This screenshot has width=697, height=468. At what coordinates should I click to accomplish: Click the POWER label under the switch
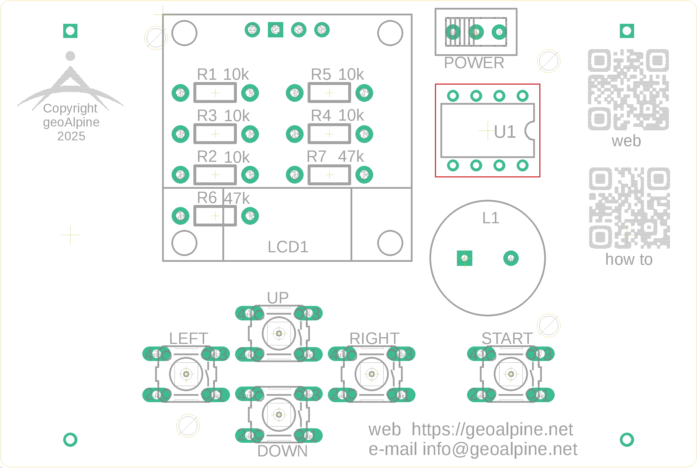point(474,63)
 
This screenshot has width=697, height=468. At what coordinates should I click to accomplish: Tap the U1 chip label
point(505,132)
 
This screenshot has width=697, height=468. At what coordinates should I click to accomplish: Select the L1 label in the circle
point(491,218)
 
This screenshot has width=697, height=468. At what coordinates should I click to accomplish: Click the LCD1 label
point(288,247)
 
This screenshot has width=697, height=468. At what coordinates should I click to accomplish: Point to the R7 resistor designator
point(317,157)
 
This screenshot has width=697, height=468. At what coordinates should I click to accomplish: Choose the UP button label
point(278,298)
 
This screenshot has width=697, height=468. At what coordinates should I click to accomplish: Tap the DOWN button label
point(282,451)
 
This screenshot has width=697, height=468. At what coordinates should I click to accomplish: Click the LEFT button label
point(188,338)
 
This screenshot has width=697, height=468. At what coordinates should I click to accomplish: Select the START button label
point(507,338)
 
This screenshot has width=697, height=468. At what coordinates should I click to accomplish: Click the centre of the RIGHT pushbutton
point(372,374)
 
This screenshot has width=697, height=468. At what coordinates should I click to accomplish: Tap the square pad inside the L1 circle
point(464,258)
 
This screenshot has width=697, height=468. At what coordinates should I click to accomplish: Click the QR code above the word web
point(628,90)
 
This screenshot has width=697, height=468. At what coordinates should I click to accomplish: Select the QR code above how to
point(629,208)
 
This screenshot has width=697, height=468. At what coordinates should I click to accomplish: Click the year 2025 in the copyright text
point(71,136)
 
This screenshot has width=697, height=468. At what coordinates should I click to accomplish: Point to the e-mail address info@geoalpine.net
point(500,449)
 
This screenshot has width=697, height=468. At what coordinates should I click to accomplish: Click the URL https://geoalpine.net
point(492,429)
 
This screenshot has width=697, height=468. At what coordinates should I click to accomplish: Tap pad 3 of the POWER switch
point(499,32)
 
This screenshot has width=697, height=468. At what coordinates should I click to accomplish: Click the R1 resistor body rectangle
point(215,93)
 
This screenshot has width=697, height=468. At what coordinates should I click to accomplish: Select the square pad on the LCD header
point(275,30)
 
